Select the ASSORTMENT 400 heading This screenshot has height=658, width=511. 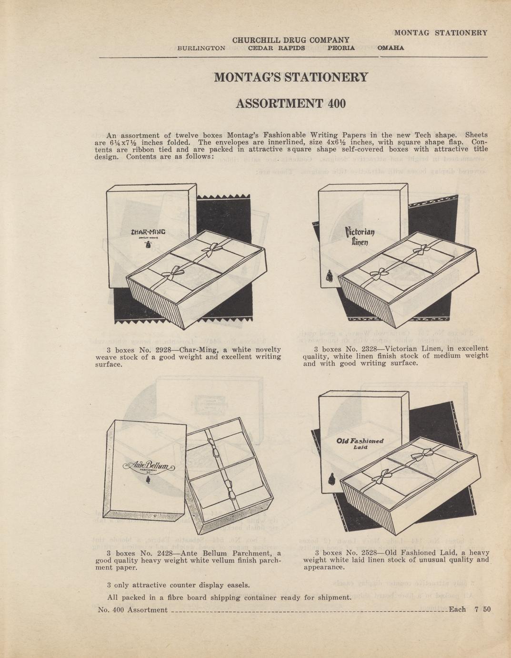(x=291, y=103)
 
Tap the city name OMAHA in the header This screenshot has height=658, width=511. (x=391, y=48)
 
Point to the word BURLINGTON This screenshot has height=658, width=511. (x=201, y=48)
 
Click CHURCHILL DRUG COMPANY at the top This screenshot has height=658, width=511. (x=291, y=40)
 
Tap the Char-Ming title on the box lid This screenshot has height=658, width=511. (x=148, y=232)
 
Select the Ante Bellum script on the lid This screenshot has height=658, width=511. (x=148, y=466)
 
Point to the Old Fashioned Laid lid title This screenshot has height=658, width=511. (x=360, y=443)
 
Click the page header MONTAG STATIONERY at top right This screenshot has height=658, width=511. (x=441, y=33)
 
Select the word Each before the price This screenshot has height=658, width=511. (x=458, y=609)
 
